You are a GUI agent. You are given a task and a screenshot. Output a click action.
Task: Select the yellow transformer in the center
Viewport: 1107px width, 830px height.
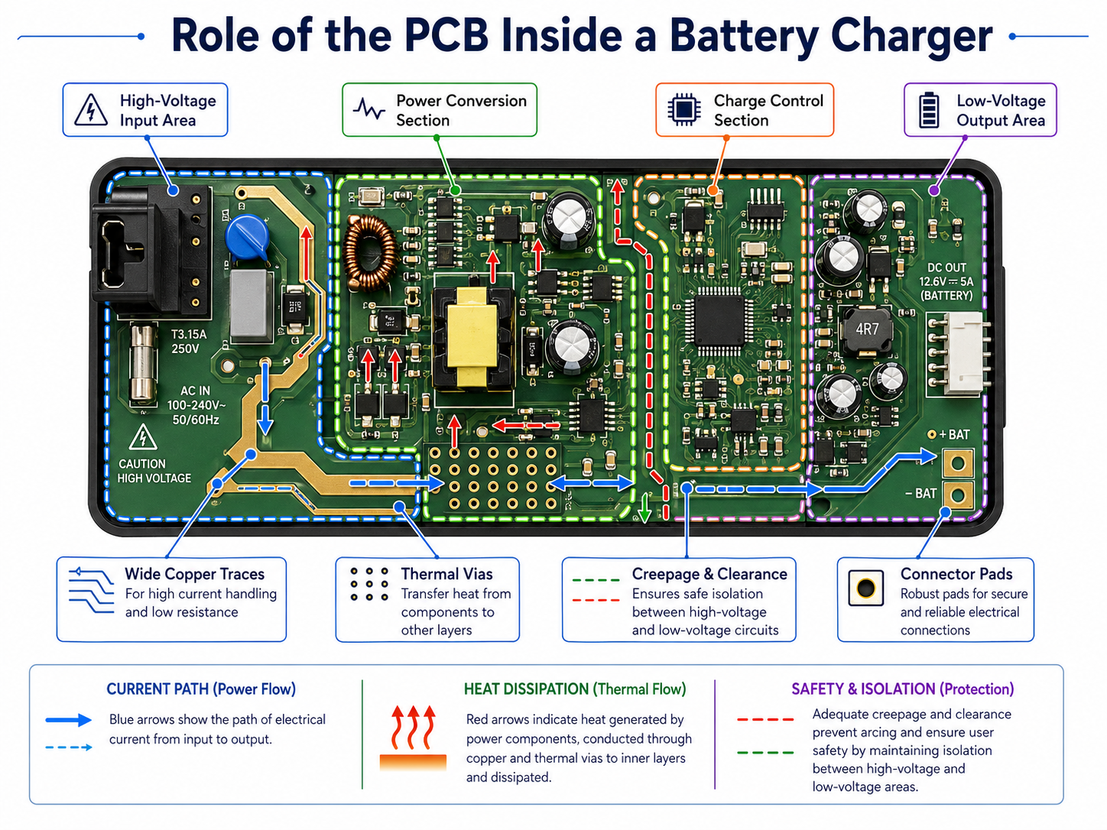coord(472,338)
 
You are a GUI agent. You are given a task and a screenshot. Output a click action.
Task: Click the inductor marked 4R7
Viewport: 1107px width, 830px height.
coord(866,330)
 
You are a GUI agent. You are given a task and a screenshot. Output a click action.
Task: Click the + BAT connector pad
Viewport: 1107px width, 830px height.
coord(958,462)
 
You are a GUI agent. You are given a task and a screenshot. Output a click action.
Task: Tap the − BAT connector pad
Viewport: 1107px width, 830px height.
coord(958,494)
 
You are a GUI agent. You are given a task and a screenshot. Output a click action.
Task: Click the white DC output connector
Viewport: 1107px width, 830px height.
coord(959,353)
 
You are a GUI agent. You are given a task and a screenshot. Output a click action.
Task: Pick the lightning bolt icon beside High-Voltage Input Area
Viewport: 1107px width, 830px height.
coord(91,110)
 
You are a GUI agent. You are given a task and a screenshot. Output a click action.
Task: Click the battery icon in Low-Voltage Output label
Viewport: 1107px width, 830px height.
coord(929,110)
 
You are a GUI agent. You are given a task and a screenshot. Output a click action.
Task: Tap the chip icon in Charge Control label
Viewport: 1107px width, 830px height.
coord(684,110)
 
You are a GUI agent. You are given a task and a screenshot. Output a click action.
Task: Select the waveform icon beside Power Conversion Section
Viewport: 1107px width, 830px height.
coord(369,110)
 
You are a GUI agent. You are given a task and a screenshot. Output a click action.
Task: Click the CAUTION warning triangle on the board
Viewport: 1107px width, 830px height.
coord(143,438)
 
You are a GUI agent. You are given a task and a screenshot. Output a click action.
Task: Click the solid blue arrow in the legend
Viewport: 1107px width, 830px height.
coord(69,720)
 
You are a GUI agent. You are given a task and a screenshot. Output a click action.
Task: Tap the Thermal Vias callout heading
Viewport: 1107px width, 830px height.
coord(446,574)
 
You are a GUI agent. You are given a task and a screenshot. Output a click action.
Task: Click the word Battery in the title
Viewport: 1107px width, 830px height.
coord(742,36)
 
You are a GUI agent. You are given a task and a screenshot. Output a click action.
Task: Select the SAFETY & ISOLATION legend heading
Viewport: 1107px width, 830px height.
coord(902,689)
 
